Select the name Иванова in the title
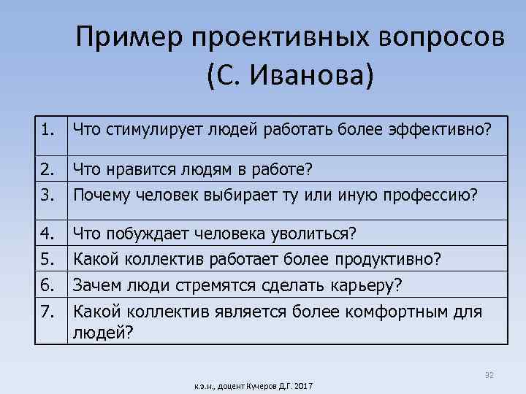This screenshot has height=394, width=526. click(x=308, y=76)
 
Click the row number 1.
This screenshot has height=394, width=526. click(x=47, y=131)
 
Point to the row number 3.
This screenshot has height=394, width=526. click(x=47, y=195)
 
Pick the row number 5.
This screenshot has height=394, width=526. click(x=47, y=259)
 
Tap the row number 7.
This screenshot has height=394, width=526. click(x=47, y=311)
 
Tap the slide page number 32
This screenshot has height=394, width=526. click(x=489, y=375)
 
